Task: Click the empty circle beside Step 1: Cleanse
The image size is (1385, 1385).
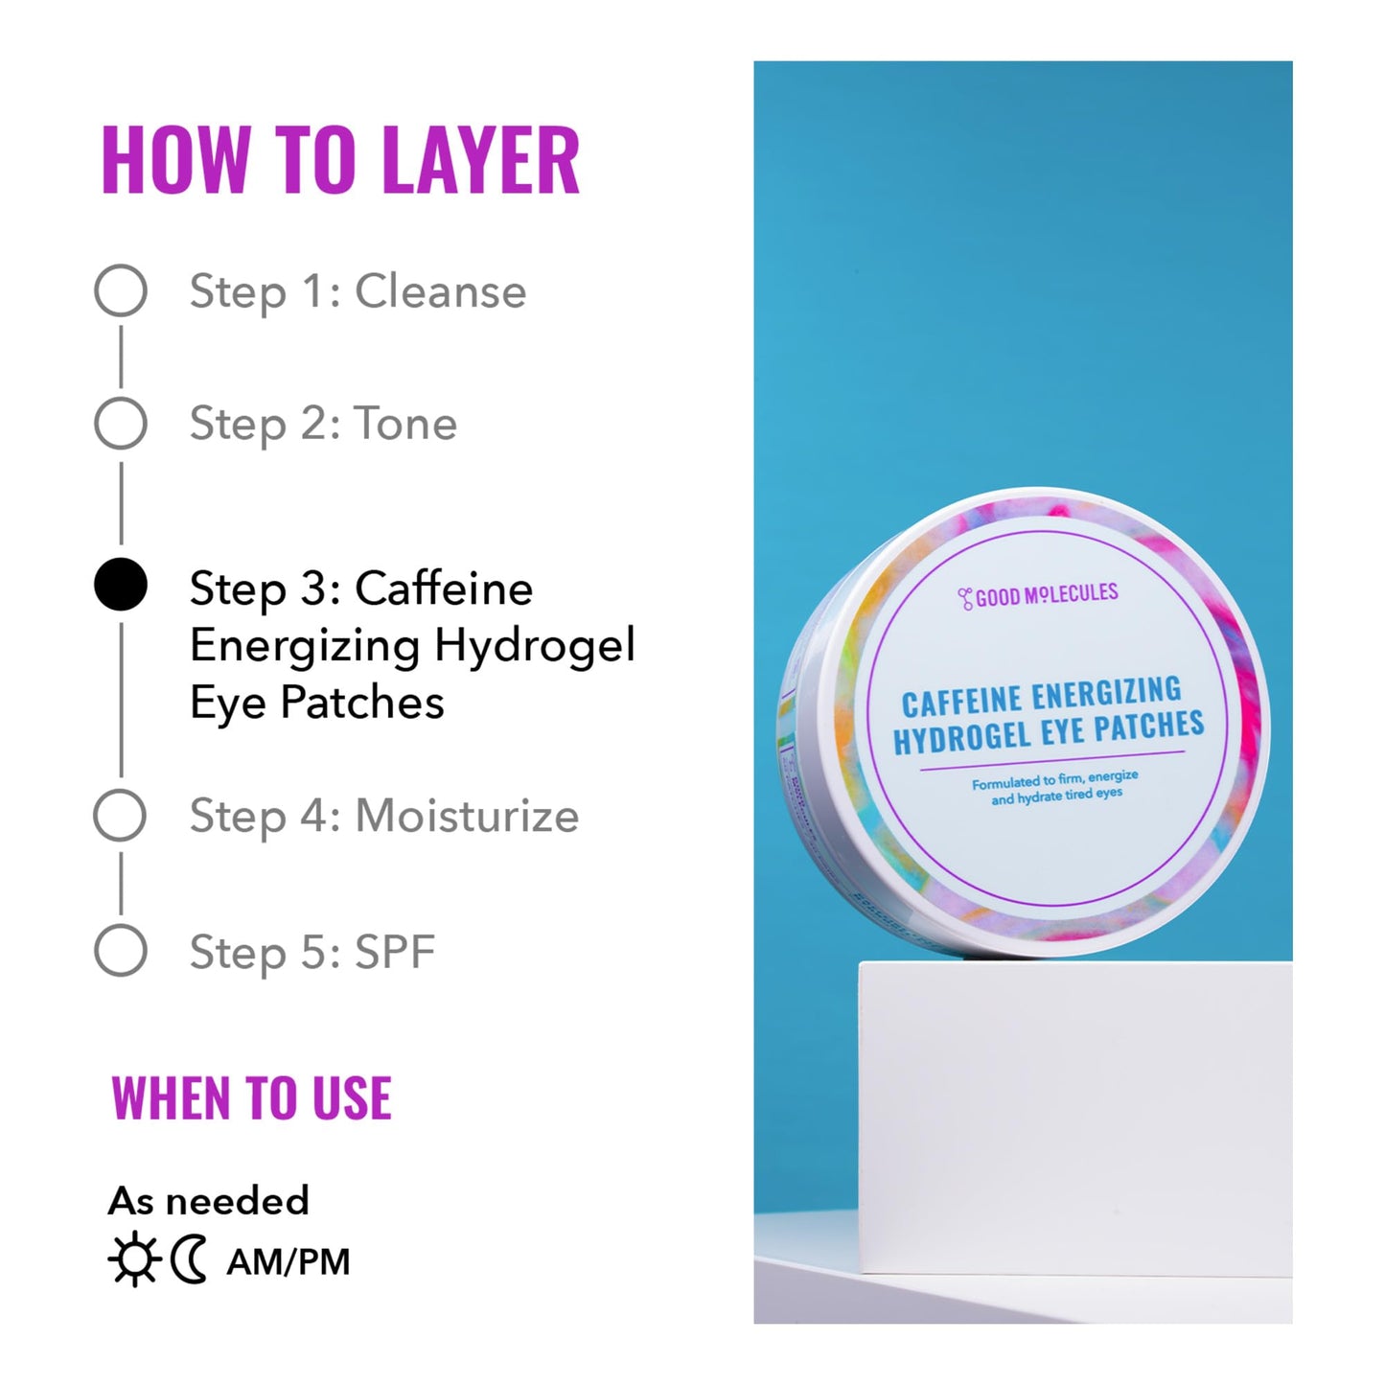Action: (x=121, y=290)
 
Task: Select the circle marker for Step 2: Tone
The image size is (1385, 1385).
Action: (x=121, y=423)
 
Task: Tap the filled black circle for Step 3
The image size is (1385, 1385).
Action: (x=121, y=585)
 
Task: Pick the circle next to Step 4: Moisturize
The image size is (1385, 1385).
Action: (x=120, y=816)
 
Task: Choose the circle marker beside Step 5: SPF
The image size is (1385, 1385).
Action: (x=121, y=951)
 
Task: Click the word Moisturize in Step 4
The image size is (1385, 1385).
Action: (x=467, y=816)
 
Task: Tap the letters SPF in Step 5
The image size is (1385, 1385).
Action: (x=395, y=952)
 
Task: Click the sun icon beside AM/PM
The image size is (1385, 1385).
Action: (x=133, y=1260)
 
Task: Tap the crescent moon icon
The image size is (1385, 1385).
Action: (x=189, y=1260)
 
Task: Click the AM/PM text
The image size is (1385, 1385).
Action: (x=289, y=1261)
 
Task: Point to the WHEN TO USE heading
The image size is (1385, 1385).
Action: (x=251, y=1098)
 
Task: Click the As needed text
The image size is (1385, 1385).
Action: (x=209, y=1200)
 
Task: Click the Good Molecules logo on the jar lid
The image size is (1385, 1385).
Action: (x=1038, y=596)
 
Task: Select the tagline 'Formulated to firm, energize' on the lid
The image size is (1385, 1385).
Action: (x=1054, y=780)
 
